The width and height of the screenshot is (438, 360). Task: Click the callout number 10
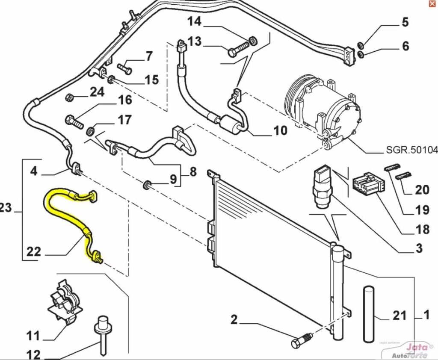[280, 130]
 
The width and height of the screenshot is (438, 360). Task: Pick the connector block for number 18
[367, 186]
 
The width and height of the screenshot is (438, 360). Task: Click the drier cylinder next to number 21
[369, 314]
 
